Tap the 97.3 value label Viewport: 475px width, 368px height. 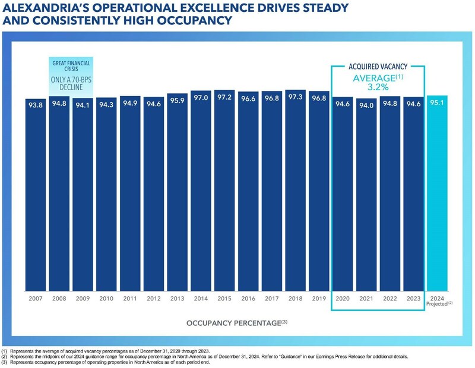coord(295,96)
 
